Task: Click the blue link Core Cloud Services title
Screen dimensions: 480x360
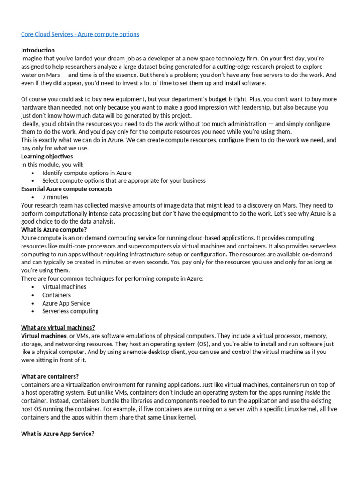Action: click(80, 35)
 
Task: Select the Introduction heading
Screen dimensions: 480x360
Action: click(38, 50)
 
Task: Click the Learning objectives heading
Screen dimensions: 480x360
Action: click(47, 157)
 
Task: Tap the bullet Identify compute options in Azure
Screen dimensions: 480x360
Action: click(87, 173)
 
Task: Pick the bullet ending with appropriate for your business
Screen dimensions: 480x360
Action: click(124, 181)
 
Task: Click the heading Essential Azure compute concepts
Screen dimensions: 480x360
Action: click(67, 189)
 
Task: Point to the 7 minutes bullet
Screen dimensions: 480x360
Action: click(55, 197)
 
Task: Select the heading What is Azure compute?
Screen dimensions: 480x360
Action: click(54, 230)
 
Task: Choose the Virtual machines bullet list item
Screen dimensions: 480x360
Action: click(64, 287)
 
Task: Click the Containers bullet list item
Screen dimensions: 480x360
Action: click(56, 295)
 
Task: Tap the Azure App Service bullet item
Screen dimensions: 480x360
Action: click(66, 303)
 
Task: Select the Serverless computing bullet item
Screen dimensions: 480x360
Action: click(70, 311)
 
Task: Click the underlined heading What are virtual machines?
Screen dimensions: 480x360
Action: click(58, 328)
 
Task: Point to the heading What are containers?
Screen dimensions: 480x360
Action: click(50, 376)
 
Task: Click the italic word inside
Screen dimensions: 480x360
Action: click(313, 393)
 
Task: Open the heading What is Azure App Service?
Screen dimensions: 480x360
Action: click(58, 434)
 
